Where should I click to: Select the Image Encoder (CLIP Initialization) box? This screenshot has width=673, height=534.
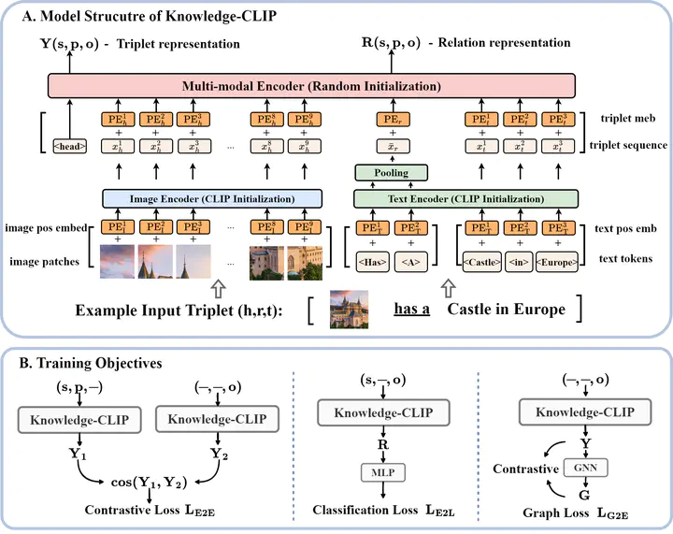click(x=212, y=198)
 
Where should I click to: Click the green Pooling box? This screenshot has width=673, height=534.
click(x=391, y=172)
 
